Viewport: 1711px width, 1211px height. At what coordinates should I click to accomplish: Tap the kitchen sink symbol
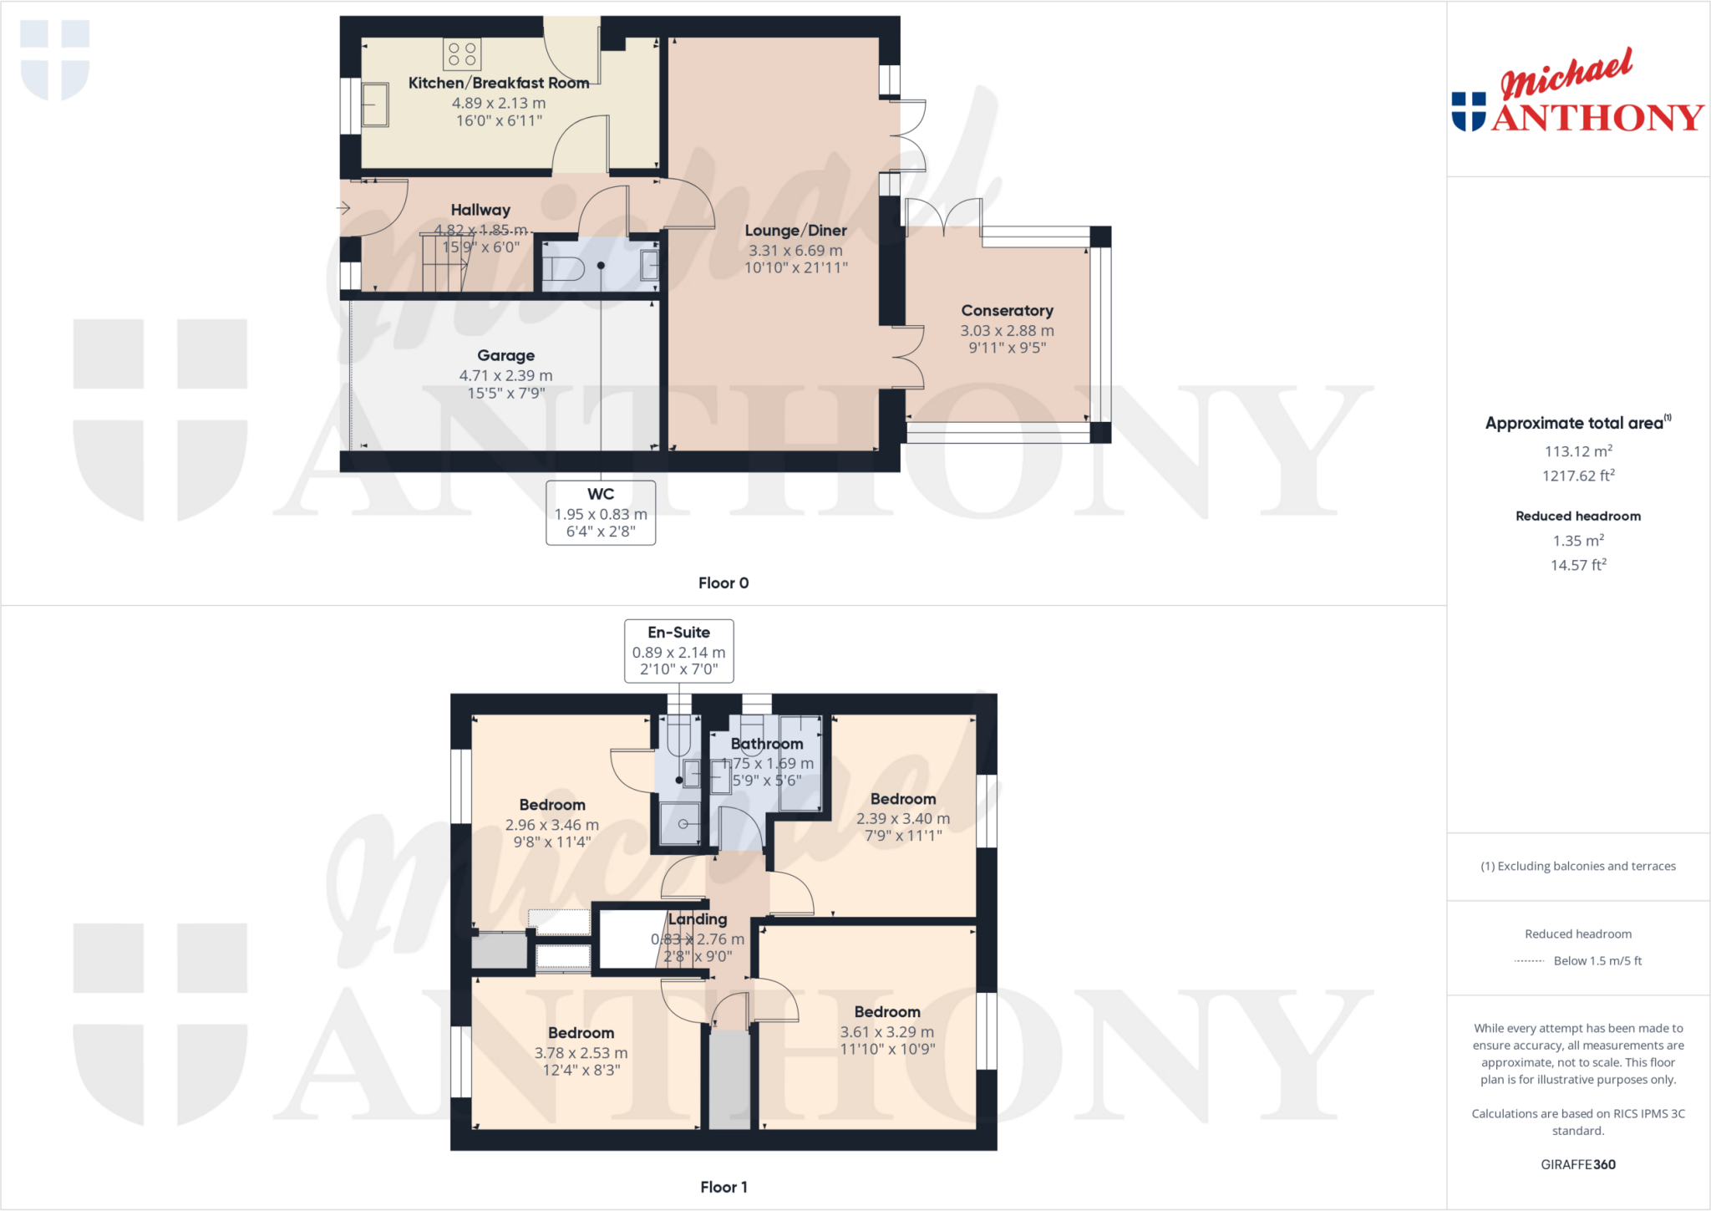375,104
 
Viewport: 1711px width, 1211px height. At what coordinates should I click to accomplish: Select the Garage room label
505,356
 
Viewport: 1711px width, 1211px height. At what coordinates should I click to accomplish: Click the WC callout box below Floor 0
601,512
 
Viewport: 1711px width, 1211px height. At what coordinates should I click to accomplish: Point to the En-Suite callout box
678,651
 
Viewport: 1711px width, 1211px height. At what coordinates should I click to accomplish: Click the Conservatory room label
1007,311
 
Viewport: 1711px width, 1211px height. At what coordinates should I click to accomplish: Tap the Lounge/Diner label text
795,231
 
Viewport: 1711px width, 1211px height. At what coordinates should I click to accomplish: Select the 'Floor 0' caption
723,583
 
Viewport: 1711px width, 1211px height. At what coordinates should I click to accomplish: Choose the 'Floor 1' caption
723,1188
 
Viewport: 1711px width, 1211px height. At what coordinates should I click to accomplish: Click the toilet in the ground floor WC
563,268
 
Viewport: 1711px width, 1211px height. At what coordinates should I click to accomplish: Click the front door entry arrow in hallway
343,208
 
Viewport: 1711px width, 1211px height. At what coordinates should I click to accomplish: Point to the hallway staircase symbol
444,262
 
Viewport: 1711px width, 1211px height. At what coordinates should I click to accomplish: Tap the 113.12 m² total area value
1578,451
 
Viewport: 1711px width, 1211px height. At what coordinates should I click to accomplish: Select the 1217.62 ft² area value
1578,476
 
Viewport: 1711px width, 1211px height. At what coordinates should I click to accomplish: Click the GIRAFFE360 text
1578,1165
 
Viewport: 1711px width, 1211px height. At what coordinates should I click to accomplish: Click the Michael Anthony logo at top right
1577,92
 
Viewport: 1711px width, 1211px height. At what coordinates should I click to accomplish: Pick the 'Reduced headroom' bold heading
1578,516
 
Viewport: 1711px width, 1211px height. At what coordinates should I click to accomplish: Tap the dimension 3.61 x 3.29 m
887,1033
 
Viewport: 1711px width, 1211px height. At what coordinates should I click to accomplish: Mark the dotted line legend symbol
1529,961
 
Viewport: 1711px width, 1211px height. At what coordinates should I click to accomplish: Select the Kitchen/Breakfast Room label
499,84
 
